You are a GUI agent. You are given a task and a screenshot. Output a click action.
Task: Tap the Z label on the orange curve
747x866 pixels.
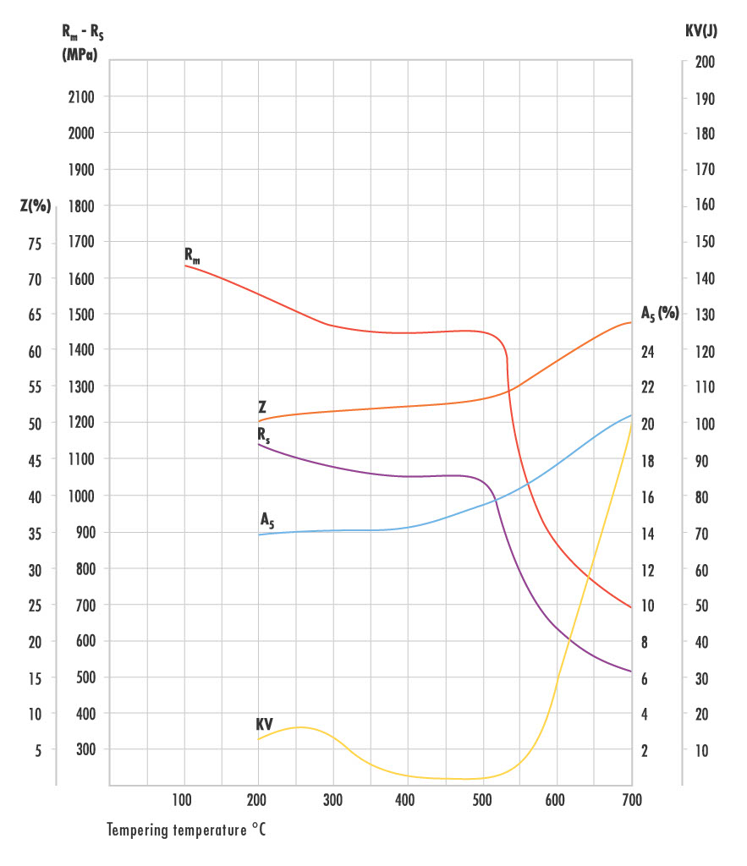tap(263, 407)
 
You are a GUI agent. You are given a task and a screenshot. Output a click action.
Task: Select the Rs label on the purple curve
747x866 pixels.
tap(263, 434)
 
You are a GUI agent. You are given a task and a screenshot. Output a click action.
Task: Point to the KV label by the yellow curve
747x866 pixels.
tap(265, 725)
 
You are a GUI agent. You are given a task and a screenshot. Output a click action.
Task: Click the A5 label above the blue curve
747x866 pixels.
tap(267, 518)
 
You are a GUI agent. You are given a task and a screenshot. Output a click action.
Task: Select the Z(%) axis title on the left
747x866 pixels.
tap(36, 206)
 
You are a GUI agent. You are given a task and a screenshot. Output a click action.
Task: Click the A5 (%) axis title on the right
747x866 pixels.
tap(660, 314)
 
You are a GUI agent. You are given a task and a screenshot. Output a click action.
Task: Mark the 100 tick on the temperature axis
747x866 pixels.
tap(183, 800)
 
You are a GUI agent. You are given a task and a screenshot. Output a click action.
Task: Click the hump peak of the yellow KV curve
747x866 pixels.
tap(299, 726)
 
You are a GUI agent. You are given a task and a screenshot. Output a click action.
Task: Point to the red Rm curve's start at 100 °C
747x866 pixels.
tap(184, 265)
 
